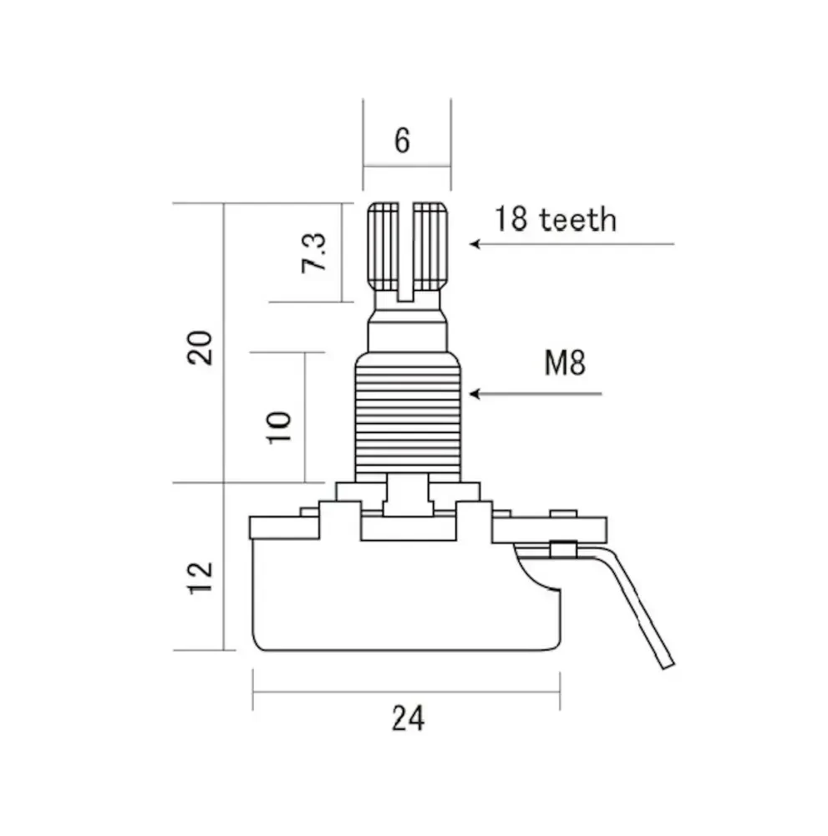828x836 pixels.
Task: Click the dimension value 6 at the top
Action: point(402,140)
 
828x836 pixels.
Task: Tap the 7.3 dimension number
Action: point(313,252)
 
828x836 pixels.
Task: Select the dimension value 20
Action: point(200,348)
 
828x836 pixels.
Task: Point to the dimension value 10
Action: point(279,427)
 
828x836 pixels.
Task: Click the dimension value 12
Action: point(201,578)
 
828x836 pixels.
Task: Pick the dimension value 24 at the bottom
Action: point(408,718)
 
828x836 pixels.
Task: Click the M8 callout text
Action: point(565,363)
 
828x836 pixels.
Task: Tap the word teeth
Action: point(578,219)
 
